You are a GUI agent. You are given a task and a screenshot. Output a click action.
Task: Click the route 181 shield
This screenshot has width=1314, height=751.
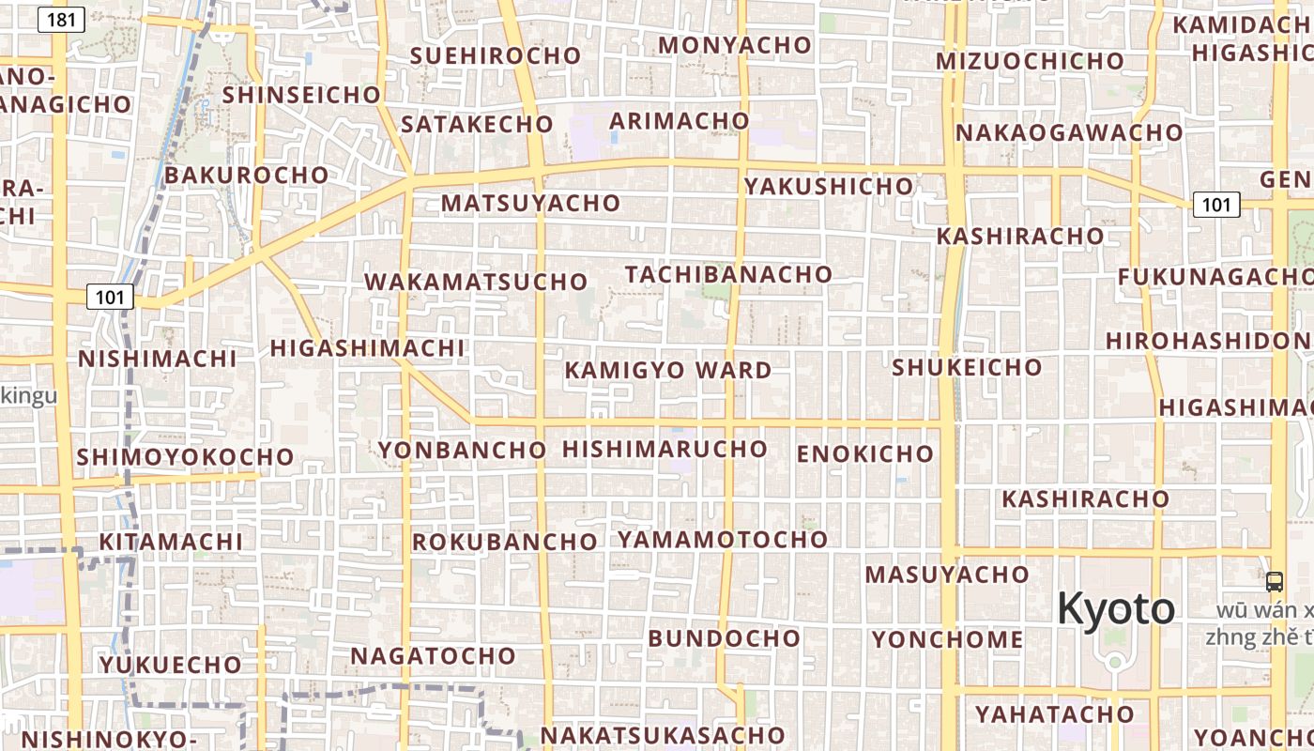click(61, 19)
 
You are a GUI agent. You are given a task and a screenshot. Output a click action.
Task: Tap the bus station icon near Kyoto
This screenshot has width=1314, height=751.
click(1274, 581)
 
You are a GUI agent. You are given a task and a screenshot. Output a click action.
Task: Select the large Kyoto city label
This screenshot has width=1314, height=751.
click(1115, 608)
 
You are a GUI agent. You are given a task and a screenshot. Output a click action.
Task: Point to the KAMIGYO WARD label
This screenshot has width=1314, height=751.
click(667, 370)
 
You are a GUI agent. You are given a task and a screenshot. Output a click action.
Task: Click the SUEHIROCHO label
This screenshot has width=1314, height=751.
click(496, 55)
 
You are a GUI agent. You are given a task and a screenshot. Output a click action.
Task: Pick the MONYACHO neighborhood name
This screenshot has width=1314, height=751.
click(735, 45)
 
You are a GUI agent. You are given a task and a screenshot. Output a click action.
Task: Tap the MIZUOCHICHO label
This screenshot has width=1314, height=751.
click(1030, 61)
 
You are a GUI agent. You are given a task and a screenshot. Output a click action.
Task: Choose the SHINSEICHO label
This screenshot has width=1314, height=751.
click(301, 95)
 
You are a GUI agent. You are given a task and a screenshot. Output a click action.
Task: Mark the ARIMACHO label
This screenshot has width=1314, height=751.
click(680, 121)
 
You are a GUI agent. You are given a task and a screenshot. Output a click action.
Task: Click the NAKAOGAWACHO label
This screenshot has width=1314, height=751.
click(1069, 132)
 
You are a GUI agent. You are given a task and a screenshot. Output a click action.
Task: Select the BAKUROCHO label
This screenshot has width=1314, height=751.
click(247, 176)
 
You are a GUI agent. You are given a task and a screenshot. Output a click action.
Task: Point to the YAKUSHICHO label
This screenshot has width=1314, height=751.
click(829, 186)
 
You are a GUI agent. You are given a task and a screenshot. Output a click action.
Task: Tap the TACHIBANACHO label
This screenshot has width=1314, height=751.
click(729, 274)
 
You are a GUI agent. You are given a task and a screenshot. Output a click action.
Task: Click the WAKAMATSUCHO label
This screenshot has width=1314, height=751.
click(476, 282)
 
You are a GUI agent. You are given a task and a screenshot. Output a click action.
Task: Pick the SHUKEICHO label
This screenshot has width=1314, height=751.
click(967, 367)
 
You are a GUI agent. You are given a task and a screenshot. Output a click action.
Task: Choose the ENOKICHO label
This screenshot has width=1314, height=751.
click(865, 454)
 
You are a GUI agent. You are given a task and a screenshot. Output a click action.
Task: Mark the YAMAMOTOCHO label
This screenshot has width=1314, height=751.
click(723, 540)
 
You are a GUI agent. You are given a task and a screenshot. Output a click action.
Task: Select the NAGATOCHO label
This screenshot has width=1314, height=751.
click(433, 655)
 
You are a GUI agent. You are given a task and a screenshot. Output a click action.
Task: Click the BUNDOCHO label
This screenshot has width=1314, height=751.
click(724, 638)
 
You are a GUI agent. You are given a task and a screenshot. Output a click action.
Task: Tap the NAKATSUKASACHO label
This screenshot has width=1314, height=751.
click(662, 735)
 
